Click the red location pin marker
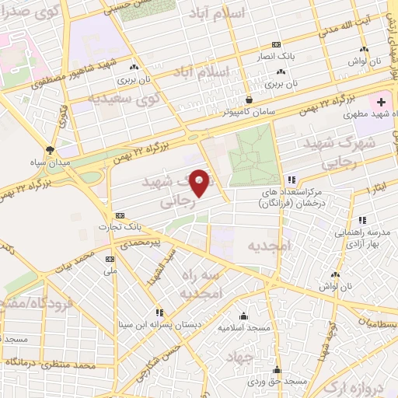(201, 183)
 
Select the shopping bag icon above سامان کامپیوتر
(248, 99)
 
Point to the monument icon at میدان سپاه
(51, 149)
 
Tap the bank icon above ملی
(109, 259)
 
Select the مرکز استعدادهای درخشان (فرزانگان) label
(291, 196)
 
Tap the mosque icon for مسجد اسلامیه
(244, 316)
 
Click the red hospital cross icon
(381, 102)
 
